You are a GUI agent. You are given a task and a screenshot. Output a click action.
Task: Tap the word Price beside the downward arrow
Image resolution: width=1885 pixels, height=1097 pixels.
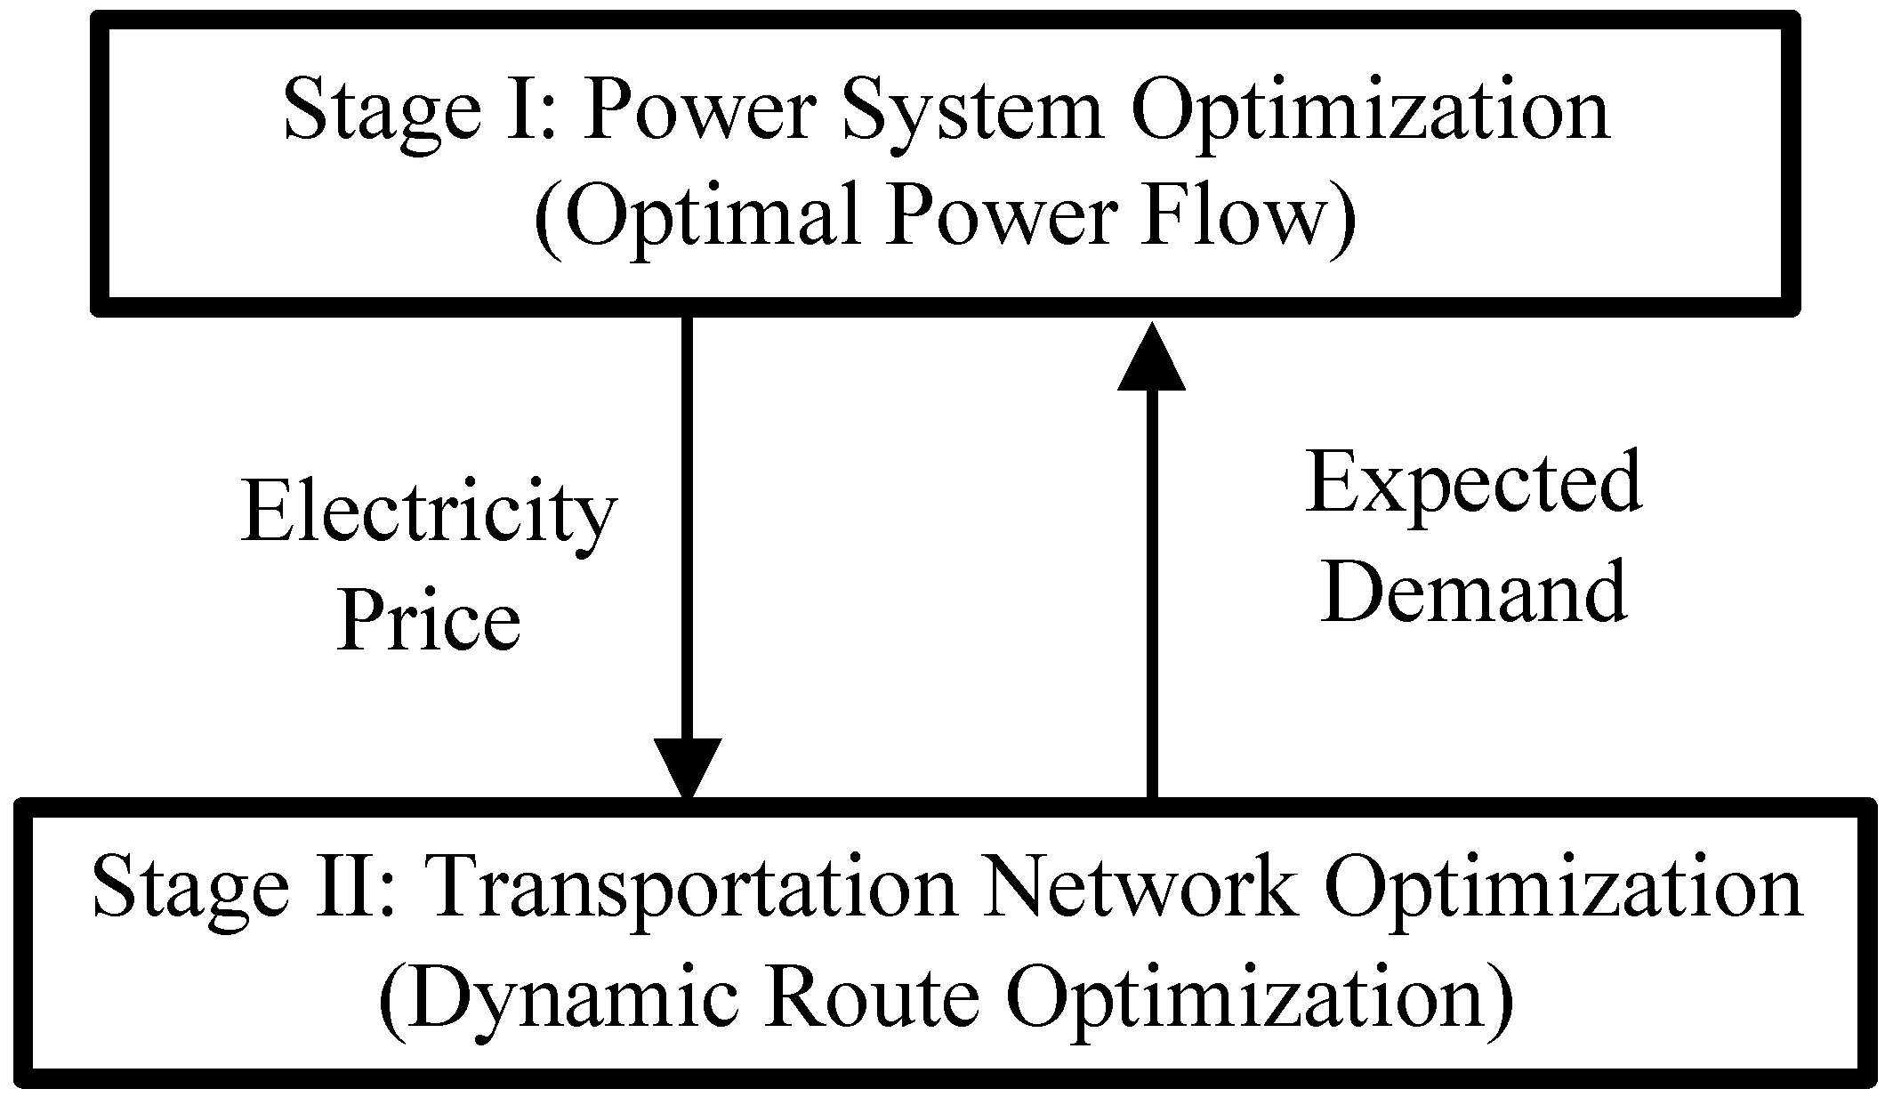[x=429, y=620]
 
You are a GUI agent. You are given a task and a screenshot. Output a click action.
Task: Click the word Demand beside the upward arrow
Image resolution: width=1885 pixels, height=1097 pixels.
[x=1473, y=591]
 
